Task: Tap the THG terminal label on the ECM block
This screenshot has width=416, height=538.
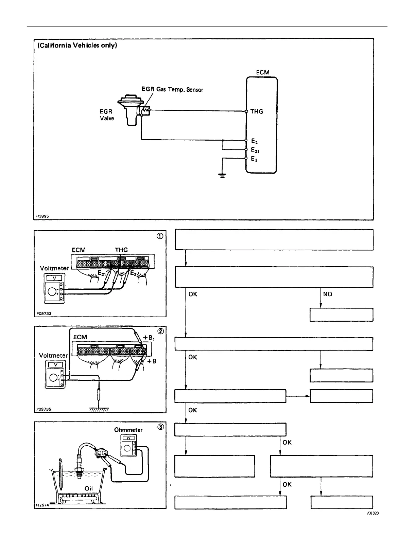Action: [257, 111]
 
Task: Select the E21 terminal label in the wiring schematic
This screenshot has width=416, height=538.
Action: [255, 150]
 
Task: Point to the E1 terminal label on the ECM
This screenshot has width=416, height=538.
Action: [254, 159]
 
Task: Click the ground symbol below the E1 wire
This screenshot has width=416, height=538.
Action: [222, 176]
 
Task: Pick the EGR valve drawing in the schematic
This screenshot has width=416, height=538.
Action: [128, 111]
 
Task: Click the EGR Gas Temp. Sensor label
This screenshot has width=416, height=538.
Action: [172, 89]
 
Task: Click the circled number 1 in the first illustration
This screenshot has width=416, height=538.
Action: [160, 236]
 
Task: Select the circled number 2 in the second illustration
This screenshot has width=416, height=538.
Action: [160, 331]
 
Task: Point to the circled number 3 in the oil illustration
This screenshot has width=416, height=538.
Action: [160, 427]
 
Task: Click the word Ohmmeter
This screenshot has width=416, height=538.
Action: [128, 430]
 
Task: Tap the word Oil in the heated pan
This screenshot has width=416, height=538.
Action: [88, 488]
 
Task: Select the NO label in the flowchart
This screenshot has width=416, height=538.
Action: [328, 294]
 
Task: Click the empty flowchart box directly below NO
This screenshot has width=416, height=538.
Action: [341, 315]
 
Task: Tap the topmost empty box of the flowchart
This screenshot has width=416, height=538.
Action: [274, 240]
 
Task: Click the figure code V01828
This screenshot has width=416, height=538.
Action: [372, 513]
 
